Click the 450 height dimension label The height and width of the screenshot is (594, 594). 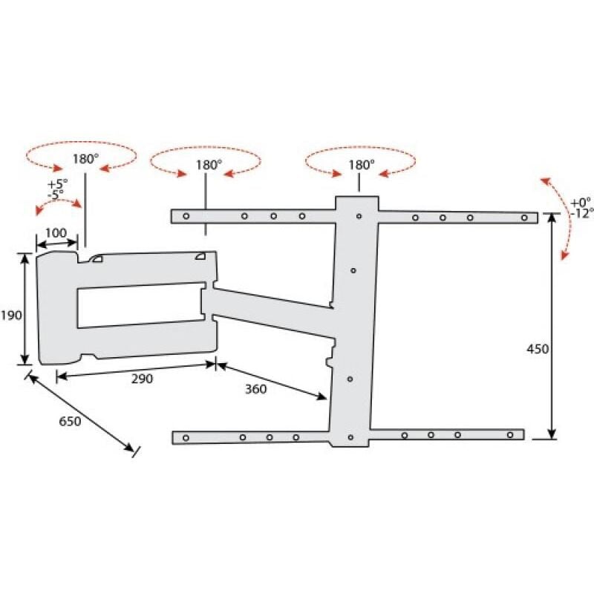(538, 349)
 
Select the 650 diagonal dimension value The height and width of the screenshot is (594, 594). (71, 421)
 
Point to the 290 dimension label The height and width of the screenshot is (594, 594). (142, 379)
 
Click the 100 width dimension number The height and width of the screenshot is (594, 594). (56, 233)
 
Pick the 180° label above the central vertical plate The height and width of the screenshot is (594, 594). (362, 163)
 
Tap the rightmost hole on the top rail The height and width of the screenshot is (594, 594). (524, 218)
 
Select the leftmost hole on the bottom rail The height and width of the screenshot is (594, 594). (186, 437)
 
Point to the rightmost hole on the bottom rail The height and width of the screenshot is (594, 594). (510, 434)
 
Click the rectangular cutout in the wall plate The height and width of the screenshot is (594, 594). (140, 305)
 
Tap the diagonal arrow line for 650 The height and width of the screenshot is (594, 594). (82, 412)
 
